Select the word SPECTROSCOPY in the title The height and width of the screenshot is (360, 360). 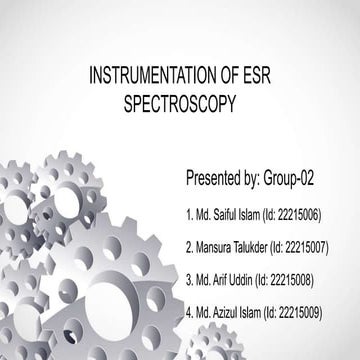[180, 102]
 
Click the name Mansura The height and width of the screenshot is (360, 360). [216, 247]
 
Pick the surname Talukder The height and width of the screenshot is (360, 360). [259, 247]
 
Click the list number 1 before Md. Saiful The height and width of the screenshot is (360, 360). [189, 215]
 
